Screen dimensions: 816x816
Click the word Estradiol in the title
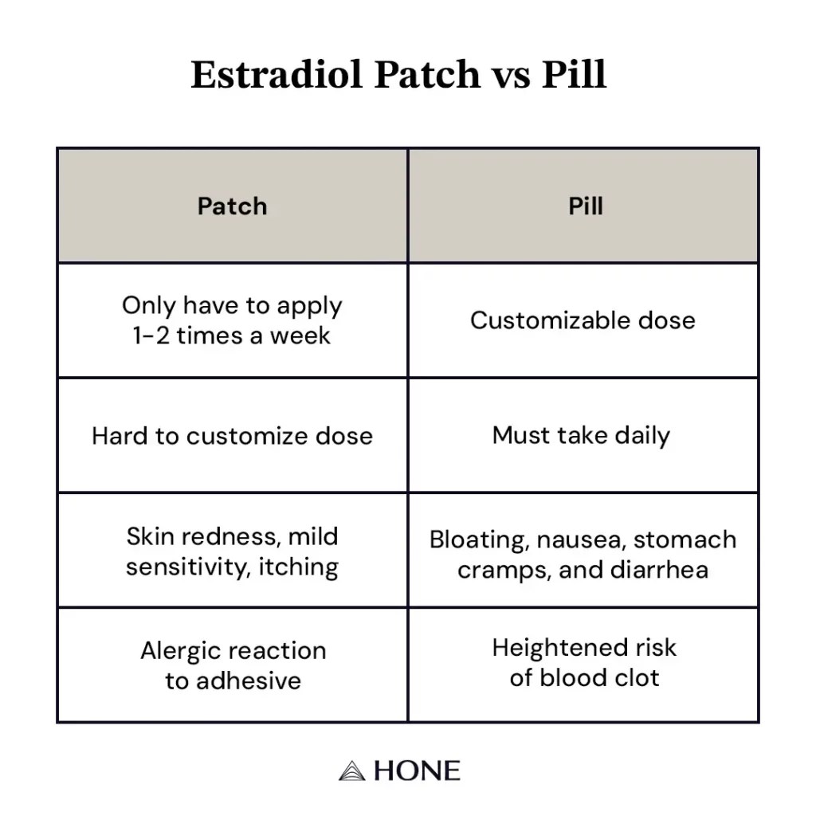(x=277, y=74)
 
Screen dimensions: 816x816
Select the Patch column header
(x=232, y=206)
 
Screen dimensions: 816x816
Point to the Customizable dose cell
(x=583, y=320)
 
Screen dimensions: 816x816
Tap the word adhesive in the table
(x=249, y=681)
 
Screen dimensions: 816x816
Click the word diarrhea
(x=659, y=570)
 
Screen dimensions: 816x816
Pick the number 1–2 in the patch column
(x=151, y=335)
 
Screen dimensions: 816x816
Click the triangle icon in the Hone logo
(x=351, y=771)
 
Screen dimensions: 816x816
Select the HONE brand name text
(x=417, y=771)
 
